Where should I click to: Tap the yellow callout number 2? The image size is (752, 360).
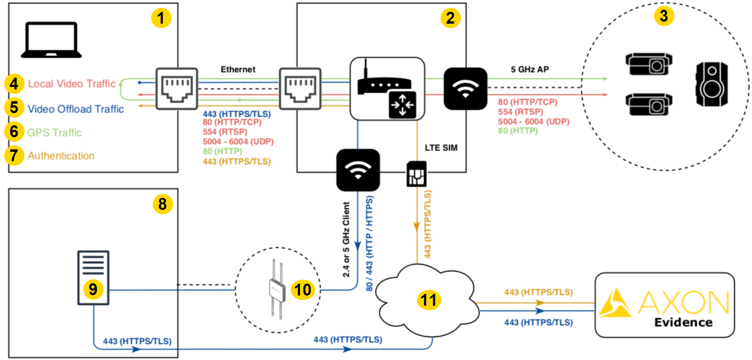click(450, 18)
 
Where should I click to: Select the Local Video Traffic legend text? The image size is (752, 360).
click(71, 84)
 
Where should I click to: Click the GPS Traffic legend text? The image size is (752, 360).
click(54, 133)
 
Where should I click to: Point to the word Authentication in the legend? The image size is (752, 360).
click(61, 156)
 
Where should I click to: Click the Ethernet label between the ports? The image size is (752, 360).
click(238, 69)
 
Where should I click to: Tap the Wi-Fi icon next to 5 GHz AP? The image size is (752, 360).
click(465, 89)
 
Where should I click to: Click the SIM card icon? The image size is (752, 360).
click(416, 174)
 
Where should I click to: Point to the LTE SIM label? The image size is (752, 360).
click(441, 148)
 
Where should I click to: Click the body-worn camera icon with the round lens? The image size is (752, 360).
click(712, 84)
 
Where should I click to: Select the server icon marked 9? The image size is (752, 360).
click(93, 278)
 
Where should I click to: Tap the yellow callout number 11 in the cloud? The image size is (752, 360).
click(429, 300)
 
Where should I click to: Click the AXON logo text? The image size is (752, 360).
click(683, 302)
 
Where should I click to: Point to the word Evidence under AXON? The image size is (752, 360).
click(683, 322)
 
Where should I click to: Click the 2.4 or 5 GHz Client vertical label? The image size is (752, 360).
click(346, 240)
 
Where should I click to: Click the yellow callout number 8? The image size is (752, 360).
click(162, 204)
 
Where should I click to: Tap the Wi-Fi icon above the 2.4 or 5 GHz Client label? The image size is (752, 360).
click(358, 170)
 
